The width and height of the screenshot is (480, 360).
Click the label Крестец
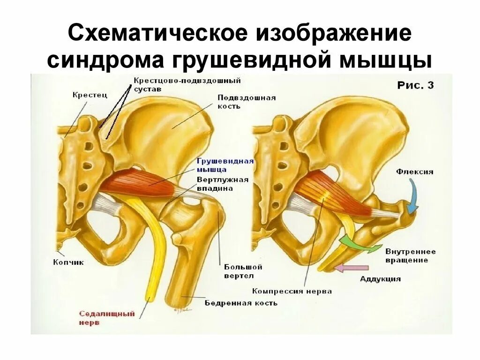tap(90, 95)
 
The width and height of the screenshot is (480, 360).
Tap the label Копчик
tap(68, 262)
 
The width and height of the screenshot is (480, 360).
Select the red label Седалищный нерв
tap(106, 318)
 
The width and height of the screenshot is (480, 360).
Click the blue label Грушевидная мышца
tap(225, 165)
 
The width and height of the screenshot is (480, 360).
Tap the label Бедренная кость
tap(241, 303)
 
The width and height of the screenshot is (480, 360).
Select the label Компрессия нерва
tap(292, 291)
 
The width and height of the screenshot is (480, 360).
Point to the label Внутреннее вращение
tap(410, 255)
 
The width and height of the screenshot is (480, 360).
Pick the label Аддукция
tap(380, 279)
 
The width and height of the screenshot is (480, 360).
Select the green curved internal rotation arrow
tap(359, 242)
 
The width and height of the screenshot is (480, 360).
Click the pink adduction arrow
tap(352, 268)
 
